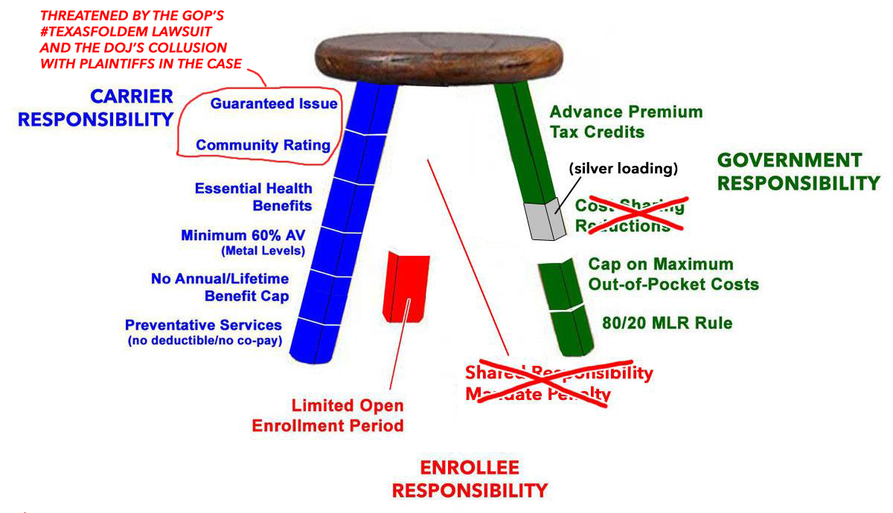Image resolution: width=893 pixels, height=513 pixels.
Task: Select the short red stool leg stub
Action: click(x=409, y=285)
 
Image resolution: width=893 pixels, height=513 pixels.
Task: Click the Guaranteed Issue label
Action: click(x=273, y=104)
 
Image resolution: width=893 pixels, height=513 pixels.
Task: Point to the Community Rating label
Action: click(x=263, y=145)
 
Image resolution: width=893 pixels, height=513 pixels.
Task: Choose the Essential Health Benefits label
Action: click(x=253, y=197)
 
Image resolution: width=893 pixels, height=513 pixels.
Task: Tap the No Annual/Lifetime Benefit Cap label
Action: click(x=220, y=287)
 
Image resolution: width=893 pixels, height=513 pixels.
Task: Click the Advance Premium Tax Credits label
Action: click(x=625, y=122)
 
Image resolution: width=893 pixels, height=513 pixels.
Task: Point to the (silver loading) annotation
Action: click(x=624, y=169)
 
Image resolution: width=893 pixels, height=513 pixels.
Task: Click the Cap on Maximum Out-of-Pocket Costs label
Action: click(x=673, y=274)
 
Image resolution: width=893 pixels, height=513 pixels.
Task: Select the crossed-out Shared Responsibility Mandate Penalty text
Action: click(x=558, y=383)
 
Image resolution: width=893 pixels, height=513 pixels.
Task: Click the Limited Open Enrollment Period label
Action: click(x=327, y=416)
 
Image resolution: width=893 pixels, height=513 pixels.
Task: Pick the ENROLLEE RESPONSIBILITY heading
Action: click(x=470, y=479)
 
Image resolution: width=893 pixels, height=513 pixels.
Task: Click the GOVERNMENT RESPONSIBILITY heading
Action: click(x=798, y=171)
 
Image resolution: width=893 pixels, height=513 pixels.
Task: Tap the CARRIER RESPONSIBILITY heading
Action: click(x=95, y=108)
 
